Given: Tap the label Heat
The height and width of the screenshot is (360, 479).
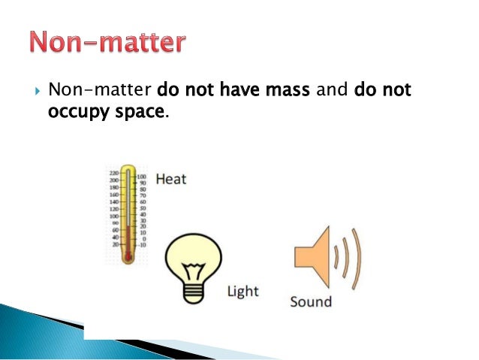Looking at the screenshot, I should (171, 180).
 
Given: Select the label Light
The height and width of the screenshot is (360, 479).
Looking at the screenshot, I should (244, 291).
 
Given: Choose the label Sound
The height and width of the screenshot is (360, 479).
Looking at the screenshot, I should (310, 302).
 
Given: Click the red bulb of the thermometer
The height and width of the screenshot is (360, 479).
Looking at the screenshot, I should (128, 256).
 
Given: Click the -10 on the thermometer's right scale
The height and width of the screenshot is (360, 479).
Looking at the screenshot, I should (142, 244).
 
